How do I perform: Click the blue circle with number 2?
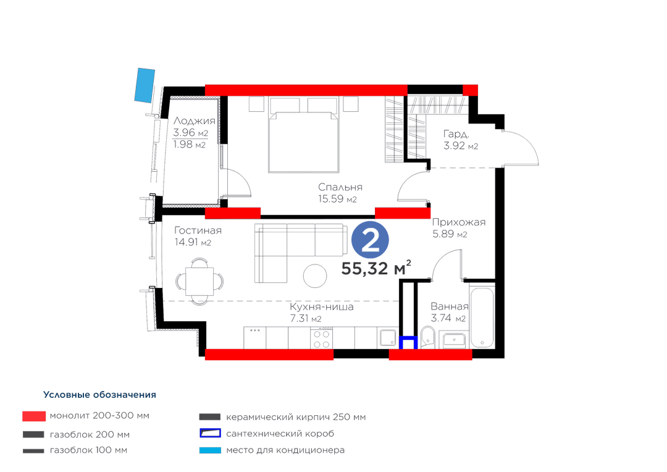pos(370,240)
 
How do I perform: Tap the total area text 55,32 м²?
pos(376,268)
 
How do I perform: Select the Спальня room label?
pos(340,187)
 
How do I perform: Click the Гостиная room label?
pos(198,230)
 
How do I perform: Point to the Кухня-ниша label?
pos(322,306)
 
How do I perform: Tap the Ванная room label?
pos(450,306)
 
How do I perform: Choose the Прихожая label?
pos(458,222)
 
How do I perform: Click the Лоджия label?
pos(194,121)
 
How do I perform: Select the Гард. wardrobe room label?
pos(456,133)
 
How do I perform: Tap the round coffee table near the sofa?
pos(315,276)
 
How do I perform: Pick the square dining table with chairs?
pos(199,281)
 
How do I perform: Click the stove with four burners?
pos(322,338)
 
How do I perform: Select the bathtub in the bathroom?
pos(482,317)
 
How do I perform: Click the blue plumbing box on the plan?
pos(408,343)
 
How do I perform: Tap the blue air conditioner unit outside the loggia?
pos(145,85)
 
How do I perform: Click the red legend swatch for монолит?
pos(34,416)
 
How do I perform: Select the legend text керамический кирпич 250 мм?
pos(296,416)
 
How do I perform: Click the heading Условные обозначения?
pos(99,395)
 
